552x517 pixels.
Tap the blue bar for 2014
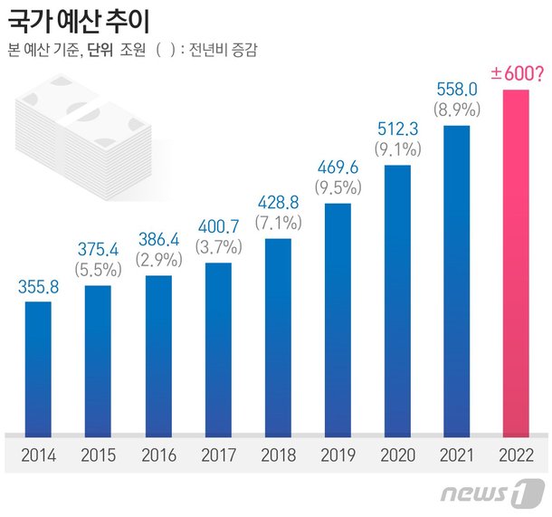[x=37, y=367]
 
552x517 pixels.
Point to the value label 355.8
[x=37, y=288]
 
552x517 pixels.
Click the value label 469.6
[x=337, y=168]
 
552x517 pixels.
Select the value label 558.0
[x=457, y=91]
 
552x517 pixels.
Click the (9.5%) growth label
[x=337, y=188]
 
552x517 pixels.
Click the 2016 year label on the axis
[x=157, y=455]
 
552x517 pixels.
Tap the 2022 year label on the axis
[x=516, y=455]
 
